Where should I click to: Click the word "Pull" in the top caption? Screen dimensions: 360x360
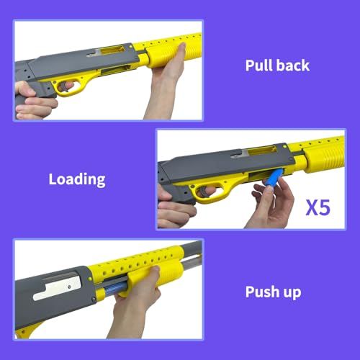click(x=258, y=66)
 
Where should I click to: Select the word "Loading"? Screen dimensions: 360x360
click(x=77, y=180)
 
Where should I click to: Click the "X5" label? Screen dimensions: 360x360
click(x=318, y=207)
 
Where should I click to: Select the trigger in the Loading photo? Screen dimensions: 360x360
click(x=204, y=192)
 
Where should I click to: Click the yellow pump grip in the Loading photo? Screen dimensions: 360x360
click(x=325, y=158)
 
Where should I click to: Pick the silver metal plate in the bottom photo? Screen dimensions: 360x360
click(x=58, y=287)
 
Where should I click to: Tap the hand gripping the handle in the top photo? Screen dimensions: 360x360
click(x=34, y=101)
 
